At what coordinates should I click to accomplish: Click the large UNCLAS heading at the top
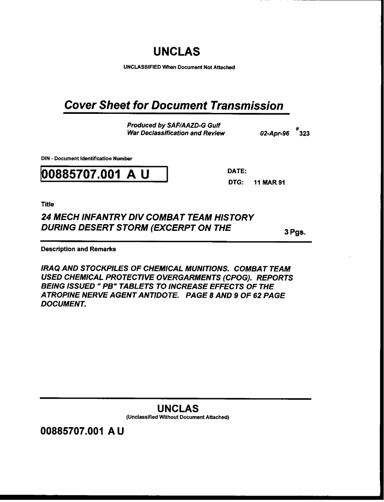[x=176, y=52]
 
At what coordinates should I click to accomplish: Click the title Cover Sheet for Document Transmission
[x=174, y=105]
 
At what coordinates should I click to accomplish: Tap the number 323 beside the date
[x=304, y=134]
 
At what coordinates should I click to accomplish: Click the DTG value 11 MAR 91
[x=269, y=183]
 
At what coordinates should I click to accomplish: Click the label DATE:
[x=237, y=171]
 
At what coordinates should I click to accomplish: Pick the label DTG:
[x=236, y=183]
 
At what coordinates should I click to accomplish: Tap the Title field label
[x=47, y=204]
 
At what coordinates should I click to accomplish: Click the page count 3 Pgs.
[x=295, y=232]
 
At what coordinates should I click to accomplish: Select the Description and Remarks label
[x=78, y=249]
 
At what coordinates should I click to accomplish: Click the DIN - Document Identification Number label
[x=86, y=159]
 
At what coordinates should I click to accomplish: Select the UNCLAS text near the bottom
[x=178, y=408]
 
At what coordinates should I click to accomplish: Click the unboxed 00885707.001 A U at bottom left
[x=82, y=431]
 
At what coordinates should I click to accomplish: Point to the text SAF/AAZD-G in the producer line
[x=185, y=125]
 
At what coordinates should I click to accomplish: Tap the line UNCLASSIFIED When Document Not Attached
[x=179, y=68]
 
